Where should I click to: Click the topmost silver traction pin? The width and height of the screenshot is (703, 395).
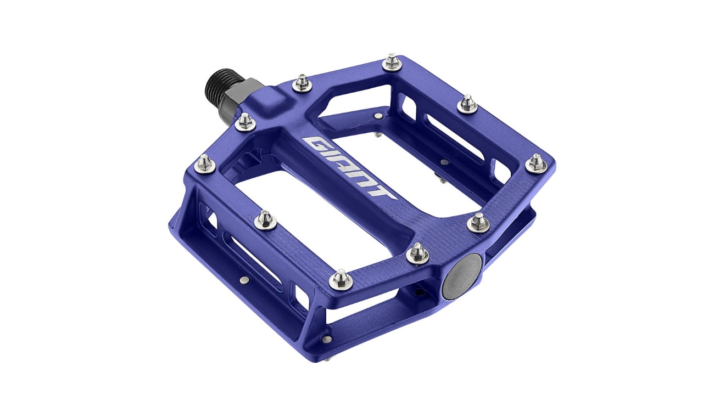coord(392,61)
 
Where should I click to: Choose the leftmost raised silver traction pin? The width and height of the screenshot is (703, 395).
coord(205,162)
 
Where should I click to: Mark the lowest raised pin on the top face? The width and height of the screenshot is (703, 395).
coord(341,279)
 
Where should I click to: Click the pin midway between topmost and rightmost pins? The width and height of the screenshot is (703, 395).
coord(467,103)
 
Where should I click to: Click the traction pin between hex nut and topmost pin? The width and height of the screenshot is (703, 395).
coord(302,83)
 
